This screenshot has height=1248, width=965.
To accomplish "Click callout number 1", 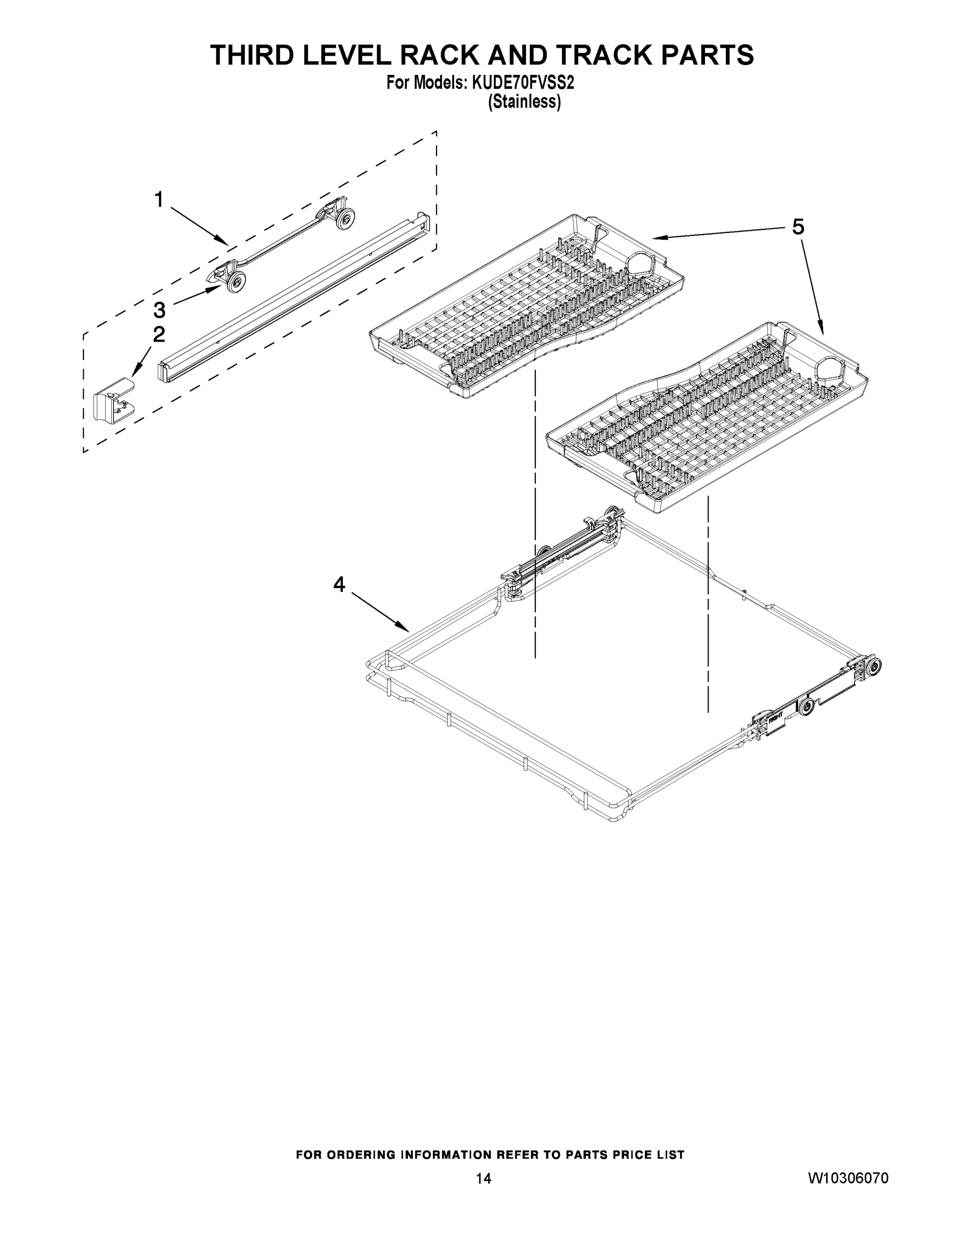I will pyautogui.click(x=159, y=200).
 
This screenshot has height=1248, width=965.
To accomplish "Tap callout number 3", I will pyautogui.click(x=159, y=310).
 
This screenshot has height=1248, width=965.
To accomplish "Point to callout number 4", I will pyautogui.click(x=340, y=584).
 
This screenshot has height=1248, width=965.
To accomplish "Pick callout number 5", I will pyautogui.click(x=798, y=227).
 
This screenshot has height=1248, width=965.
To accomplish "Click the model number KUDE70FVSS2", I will pyautogui.click(x=522, y=83).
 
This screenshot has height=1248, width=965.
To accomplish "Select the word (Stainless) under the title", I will pyautogui.click(x=524, y=102).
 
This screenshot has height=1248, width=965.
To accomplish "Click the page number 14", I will pyautogui.click(x=483, y=1178).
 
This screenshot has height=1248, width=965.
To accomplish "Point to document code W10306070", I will pyautogui.click(x=848, y=1178).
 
